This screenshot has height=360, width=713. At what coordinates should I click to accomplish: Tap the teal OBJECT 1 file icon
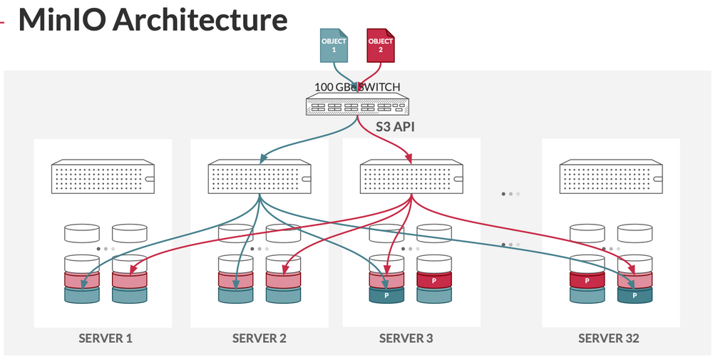334,46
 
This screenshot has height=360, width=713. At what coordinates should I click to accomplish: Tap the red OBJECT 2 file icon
380,46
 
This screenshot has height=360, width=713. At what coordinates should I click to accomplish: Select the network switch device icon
358,106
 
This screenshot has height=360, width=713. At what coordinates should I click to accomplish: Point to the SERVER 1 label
106,338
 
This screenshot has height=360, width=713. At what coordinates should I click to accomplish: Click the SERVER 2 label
260,338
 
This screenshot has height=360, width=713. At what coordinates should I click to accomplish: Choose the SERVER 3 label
406,338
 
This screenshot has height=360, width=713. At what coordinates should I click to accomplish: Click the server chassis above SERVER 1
103,176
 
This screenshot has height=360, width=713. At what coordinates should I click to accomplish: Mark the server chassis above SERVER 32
611,176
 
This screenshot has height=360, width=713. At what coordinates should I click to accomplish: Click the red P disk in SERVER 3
434,280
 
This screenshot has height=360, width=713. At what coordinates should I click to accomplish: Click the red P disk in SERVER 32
587,280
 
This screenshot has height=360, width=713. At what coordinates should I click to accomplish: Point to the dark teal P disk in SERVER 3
386,295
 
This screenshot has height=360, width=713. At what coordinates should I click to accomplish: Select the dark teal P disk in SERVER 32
635,295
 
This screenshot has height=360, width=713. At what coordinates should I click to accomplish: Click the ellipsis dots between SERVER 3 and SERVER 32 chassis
511,193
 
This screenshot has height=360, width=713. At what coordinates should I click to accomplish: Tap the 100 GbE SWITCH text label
357,88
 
